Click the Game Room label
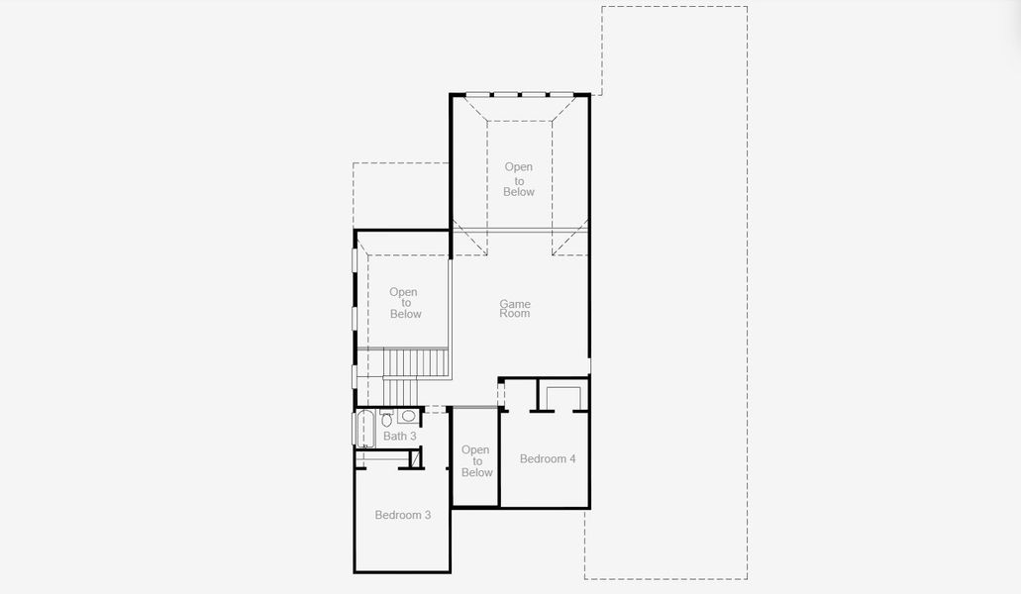[x=515, y=309]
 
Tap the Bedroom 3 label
[x=402, y=515]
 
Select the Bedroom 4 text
[x=548, y=458]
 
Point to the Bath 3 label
[x=400, y=436]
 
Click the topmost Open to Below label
[x=519, y=179]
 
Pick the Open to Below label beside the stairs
[x=404, y=303]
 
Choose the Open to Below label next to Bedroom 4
[x=476, y=461]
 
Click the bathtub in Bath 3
[x=364, y=430]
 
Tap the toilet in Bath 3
[x=386, y=418]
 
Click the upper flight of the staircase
[x=416, y=362]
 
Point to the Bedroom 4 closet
[x=563, y=398]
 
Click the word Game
[x=515, y=304]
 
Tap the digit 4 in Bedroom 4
[x=571, y=458]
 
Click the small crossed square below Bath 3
[x=416, y=459]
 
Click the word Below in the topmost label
[x=519, y=192]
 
